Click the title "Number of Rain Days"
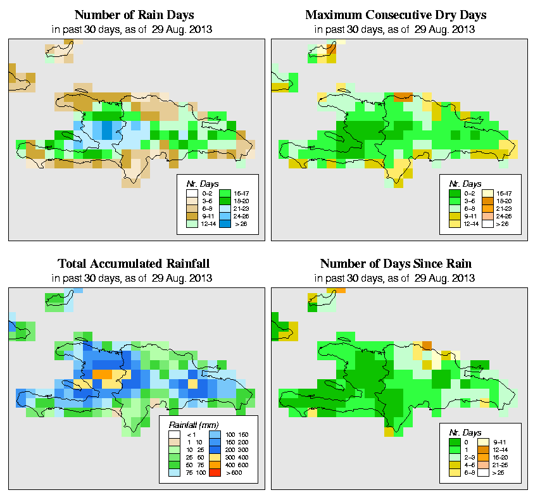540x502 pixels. pos(134,15)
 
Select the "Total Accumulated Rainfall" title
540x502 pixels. pos(134,263)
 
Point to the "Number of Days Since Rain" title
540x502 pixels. pos(396,263)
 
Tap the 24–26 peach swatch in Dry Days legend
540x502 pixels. pos(487,216)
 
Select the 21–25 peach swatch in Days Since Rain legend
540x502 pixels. pos(487,465)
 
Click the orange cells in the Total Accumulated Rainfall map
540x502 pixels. pos(102,374)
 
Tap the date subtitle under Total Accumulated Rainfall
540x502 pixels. pos(134,278)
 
